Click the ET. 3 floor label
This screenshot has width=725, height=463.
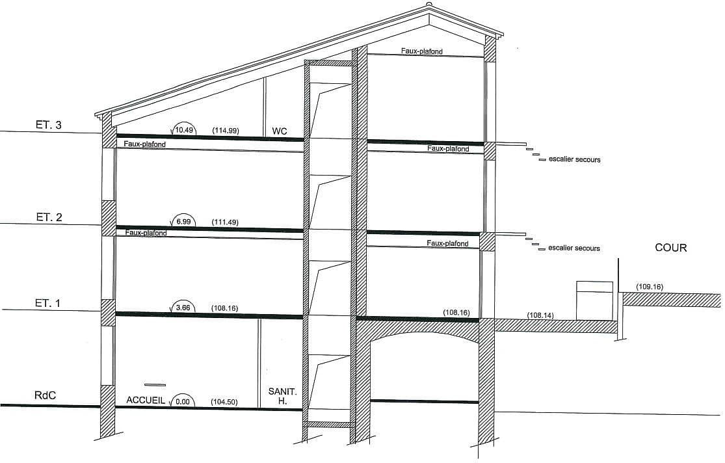click(49, 125)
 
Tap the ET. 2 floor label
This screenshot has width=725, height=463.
click(49, 217)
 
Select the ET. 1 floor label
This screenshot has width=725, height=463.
click(47, 304)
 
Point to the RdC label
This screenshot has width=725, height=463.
click(46, 395)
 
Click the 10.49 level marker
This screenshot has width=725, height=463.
click(183, 130)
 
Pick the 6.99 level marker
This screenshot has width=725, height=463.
click(183, 222)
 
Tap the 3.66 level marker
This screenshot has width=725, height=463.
click(183, 308)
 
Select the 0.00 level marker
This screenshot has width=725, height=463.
click(182, 401)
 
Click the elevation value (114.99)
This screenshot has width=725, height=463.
click(226, 131)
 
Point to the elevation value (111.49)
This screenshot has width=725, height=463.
click(225, 222)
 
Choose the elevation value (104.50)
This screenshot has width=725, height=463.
click(224, 403)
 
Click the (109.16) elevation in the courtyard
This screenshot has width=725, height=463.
click(650, 287)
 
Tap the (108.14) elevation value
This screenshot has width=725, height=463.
click(540, 315)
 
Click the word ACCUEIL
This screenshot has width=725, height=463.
click(146, 400)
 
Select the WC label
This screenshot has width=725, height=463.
click(280, 131)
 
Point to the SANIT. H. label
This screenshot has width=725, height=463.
click(282, 397)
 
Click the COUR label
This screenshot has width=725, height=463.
click(671, 248)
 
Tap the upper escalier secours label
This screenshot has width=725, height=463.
click(575, 159)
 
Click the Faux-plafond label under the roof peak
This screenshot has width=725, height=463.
click(422, 51)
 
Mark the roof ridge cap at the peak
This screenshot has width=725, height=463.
click(429, 6)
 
